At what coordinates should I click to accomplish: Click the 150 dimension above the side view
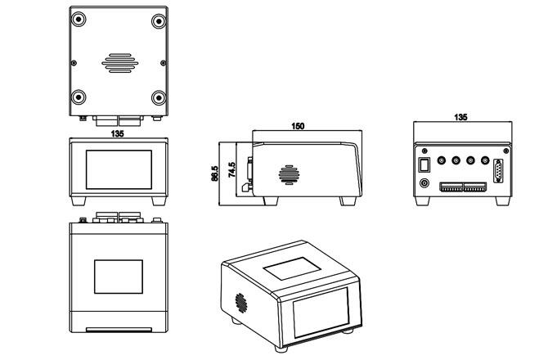coord(299,127)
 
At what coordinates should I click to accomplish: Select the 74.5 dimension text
coord(232,169)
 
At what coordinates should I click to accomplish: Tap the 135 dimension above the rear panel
coord(461,118)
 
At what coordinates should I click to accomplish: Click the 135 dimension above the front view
coord(118,133)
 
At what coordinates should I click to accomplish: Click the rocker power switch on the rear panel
coord(424,164)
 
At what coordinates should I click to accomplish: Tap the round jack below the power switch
coord(424,182)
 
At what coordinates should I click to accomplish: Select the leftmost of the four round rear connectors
coord(442,162)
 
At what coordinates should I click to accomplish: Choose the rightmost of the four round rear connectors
coord(486,162)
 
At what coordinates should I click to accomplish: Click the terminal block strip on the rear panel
coord(462,187)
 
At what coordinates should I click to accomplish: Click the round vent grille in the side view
coord(287,174)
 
